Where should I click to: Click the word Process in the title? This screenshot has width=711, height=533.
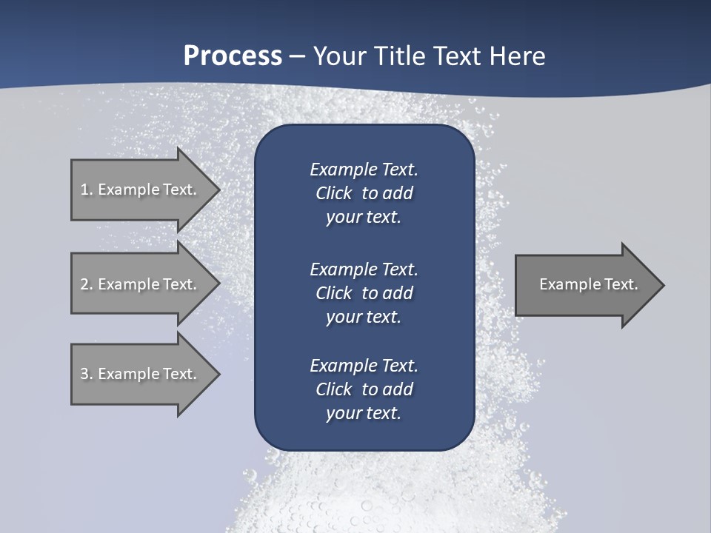[x=233, y=56]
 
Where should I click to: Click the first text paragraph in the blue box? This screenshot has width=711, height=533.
[x=364, y=193]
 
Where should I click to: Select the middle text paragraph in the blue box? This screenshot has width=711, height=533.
[x=364, y=292]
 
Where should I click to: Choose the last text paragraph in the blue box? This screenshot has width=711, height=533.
[x=364, y=389]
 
